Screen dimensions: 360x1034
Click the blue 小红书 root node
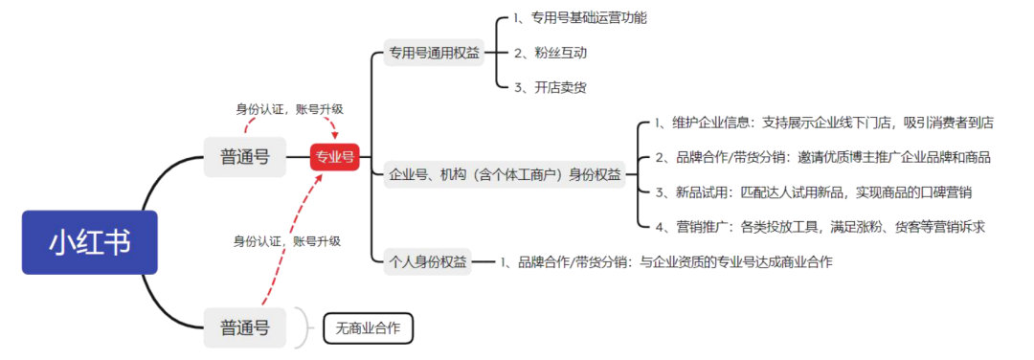[x=89, y=242]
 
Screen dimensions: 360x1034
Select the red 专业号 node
[x=335, y=156]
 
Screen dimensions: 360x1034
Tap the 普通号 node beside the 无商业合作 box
[x=245, y=328]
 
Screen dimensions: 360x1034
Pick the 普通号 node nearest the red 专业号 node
[x=245, y=156]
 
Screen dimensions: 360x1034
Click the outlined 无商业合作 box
[x=368, y=329]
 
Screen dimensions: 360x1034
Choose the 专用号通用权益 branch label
[x=434, y=54]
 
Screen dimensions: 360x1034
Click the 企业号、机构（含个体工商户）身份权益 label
[x=505, y=174]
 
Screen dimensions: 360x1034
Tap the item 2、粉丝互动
[x=550, y=53]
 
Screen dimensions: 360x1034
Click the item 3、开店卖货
[x=550, y=87]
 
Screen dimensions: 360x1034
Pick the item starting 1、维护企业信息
[x=823, y=123]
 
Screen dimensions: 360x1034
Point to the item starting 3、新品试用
[x=814, y=191]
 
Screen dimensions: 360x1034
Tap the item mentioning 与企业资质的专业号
[x=665, y=261]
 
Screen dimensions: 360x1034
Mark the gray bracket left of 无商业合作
[x=304, y=328]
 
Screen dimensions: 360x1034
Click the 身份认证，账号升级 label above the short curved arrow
[x=289, y=108]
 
